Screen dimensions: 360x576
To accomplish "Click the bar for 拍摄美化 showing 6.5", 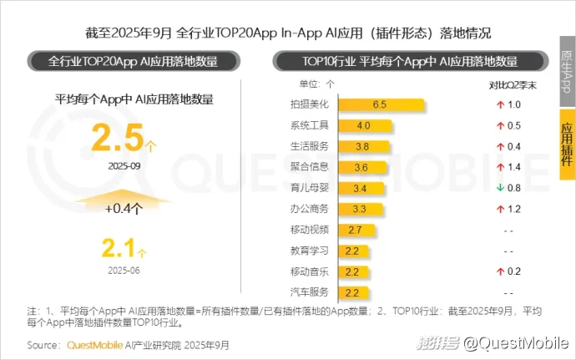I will (381, 104).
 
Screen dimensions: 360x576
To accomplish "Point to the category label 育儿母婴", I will (310, 188).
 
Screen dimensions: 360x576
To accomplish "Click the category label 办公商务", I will (310, 209).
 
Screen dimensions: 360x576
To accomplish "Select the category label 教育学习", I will (310, 251).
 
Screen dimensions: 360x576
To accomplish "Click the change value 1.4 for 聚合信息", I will (513, 167).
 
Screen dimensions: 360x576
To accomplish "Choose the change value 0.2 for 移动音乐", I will (513, 271).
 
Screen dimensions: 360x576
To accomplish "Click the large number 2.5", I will (118, 139).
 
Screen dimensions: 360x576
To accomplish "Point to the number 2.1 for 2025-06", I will (119, 247).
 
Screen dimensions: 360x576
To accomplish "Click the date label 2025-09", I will (123, 165).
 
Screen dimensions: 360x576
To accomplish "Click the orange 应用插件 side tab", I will (567, 144).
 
